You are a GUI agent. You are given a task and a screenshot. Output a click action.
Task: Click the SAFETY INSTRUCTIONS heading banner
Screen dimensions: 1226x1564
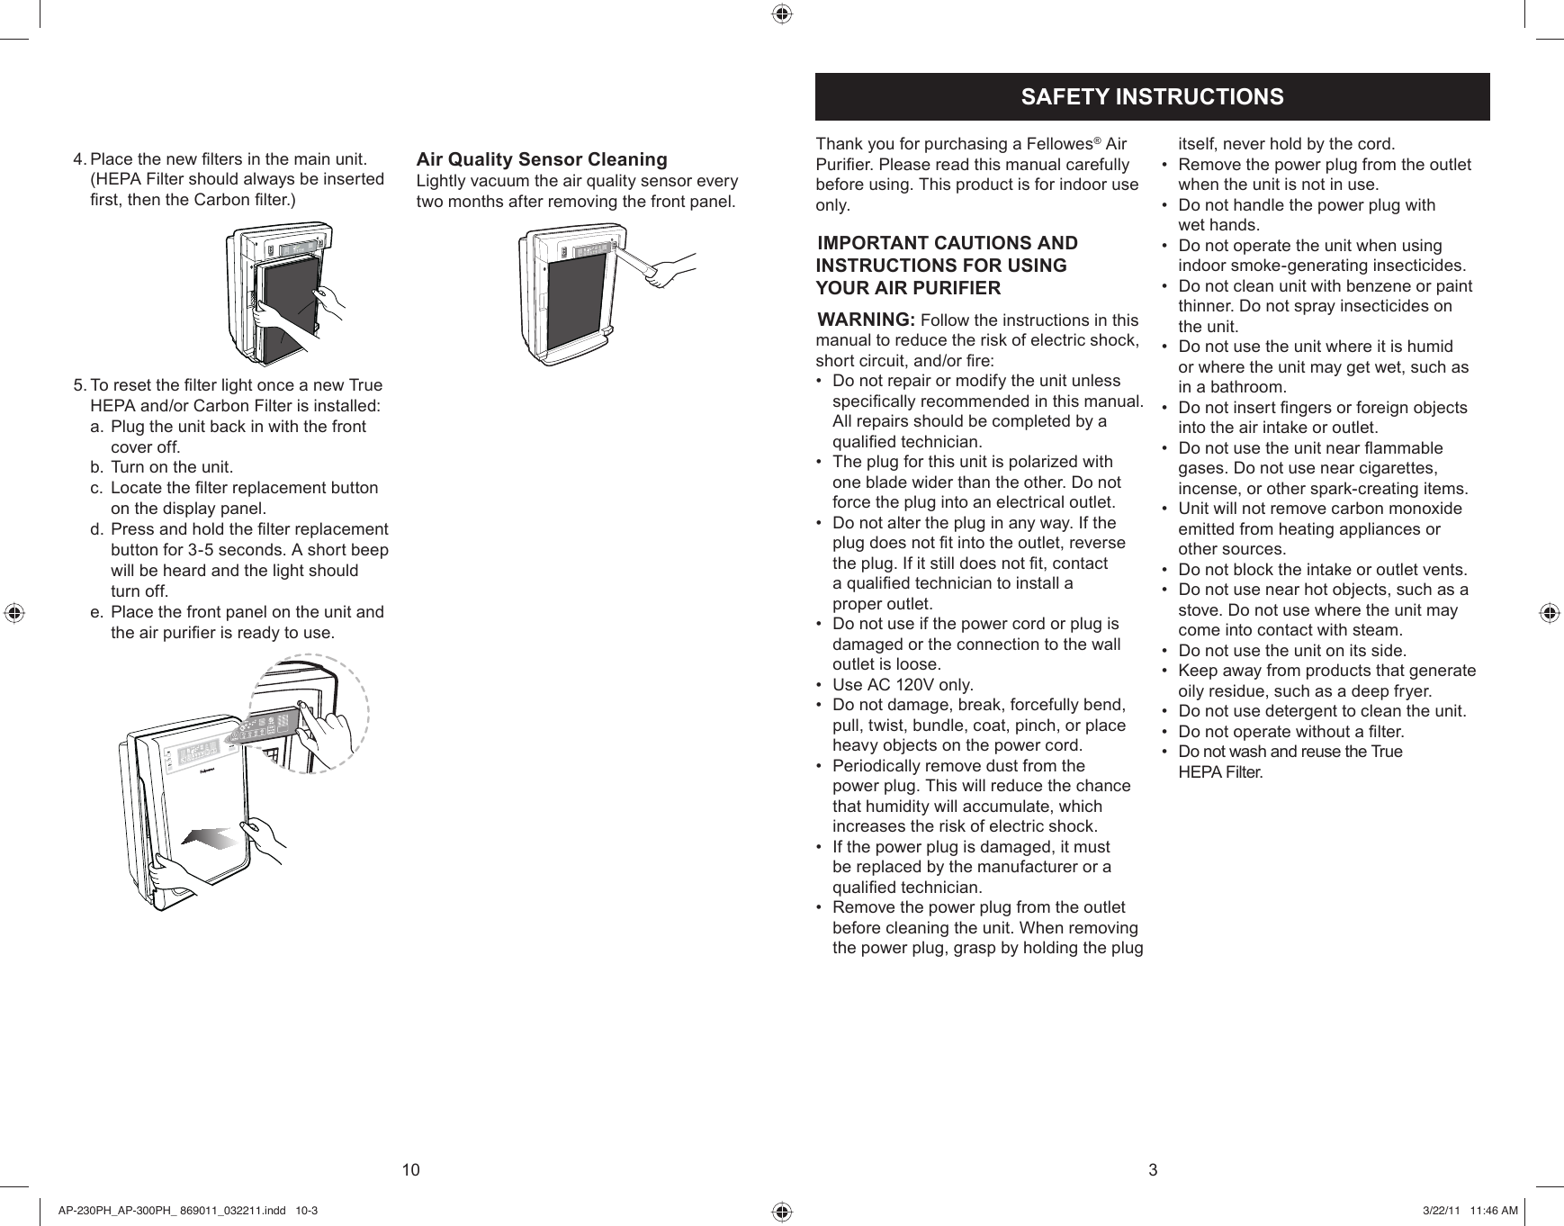pos(1152,96)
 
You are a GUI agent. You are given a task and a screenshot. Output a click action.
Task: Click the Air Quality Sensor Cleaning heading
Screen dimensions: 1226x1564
pos(542,159)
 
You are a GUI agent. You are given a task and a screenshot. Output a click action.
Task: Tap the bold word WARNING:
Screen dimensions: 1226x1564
pos(866,320)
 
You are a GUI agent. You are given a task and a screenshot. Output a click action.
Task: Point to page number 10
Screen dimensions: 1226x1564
pos(410,1170)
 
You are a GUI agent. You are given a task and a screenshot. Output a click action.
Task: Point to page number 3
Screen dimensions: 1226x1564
pos(1153,1170)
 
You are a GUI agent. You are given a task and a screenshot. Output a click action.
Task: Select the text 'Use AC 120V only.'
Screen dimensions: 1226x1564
pos(903,685)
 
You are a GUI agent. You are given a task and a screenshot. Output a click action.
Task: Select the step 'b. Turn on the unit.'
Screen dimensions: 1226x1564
pos(171,467)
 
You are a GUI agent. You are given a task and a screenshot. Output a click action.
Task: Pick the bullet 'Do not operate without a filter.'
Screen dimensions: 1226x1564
pos(1290,732)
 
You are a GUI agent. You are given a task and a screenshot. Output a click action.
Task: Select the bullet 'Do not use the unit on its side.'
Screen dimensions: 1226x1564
pos(1292,651)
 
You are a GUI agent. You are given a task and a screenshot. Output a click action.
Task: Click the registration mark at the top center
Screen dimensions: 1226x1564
pos(781,13)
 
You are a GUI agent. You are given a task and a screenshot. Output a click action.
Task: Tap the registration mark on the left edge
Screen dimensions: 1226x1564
pos(13,612)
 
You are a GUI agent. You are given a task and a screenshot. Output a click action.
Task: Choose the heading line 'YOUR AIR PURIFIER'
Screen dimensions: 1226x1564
pos(908,289)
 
